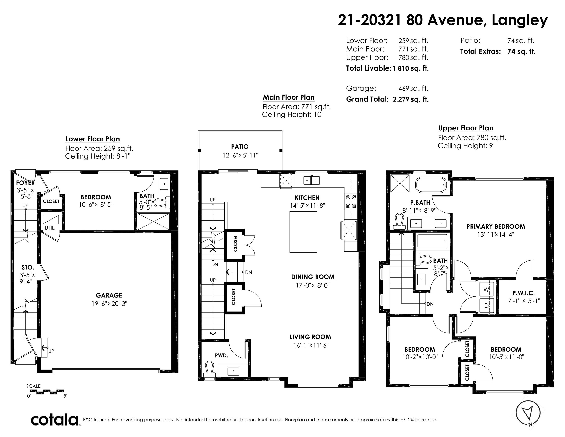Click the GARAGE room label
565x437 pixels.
[109, 295]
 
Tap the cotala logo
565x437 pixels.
[55, 420]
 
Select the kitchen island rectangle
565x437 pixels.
[303, 232]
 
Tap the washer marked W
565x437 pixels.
[487, 290]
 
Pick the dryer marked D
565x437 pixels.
[487, 306]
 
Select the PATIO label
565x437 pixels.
[240, 147]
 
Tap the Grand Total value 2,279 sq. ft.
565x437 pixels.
[411, 99]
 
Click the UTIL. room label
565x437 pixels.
[50, 228]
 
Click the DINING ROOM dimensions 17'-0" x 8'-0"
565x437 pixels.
[313, 285]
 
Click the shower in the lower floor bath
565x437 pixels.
[153, 222]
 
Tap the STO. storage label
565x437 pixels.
[28, 267]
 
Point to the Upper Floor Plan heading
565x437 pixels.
[466, 128]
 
